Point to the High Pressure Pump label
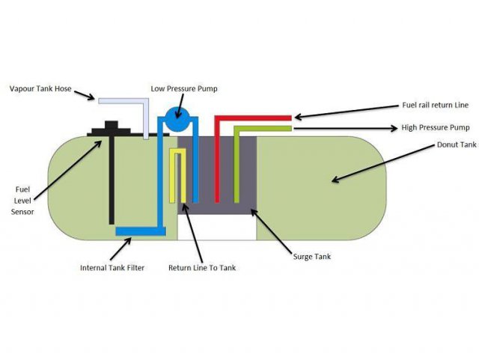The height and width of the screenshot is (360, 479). (x=381, y=129)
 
